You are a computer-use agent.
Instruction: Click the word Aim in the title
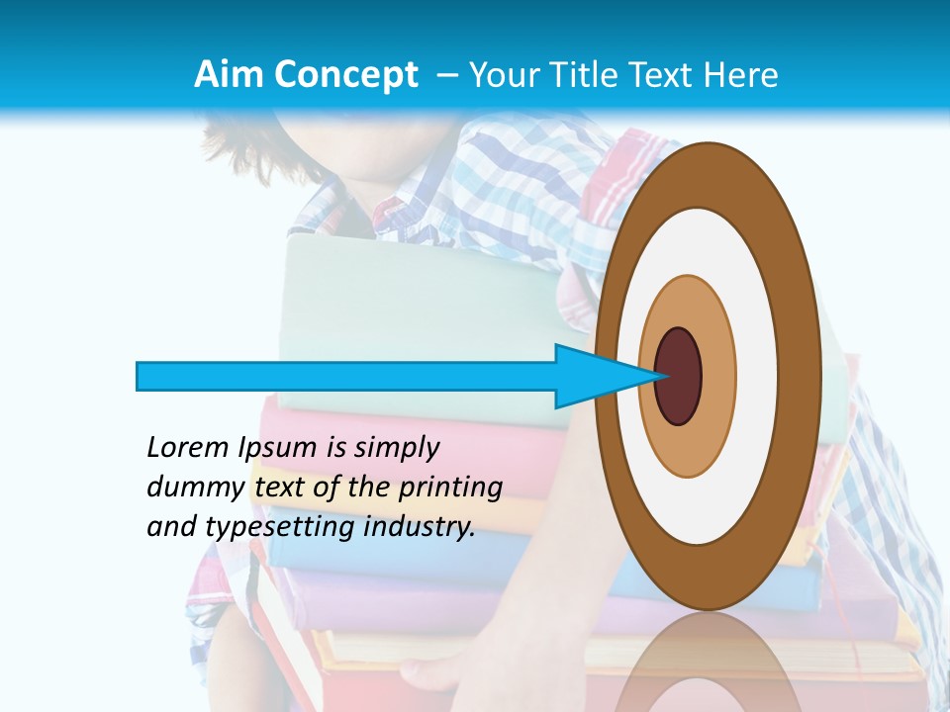229,74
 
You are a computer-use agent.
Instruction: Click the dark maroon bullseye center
679,377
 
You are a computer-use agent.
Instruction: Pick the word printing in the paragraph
449,489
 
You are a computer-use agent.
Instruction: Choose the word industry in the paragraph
420,528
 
